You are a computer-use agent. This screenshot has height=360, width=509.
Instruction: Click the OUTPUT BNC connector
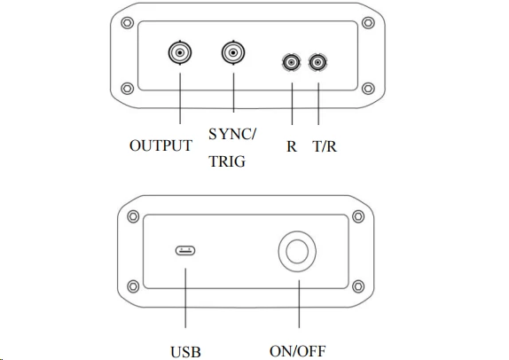coord(180,52)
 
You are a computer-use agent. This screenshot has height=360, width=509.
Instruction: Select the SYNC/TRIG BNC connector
coord(233,52)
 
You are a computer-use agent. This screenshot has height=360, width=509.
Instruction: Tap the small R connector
coord(292,62)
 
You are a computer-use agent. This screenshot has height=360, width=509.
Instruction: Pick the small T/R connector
coord(317,62)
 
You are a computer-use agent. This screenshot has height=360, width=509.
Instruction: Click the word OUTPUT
coord(161,145)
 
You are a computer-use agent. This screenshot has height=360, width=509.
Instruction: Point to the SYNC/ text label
coord(232,134)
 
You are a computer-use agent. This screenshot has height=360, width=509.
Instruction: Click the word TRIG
coord(227,161)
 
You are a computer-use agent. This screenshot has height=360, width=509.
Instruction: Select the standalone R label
coord(292,146)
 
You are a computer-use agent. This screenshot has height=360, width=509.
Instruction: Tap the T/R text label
coord(325,146)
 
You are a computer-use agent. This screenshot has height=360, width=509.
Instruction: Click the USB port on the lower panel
coord(185,251)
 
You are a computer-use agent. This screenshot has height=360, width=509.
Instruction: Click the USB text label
coord(185,352)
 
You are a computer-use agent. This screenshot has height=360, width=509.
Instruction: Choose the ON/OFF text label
coord(298,351)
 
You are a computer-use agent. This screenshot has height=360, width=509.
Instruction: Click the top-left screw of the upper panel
coord(128,23)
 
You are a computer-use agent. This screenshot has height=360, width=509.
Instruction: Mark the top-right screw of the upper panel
coord(368,23)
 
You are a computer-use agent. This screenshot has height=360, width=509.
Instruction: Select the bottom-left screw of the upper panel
coord(128,89)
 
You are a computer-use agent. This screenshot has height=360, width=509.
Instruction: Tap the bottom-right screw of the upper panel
coord(368,89)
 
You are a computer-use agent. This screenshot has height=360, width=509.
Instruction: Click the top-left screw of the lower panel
coord(133,216)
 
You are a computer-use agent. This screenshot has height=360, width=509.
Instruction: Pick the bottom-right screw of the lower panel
coord(358,286)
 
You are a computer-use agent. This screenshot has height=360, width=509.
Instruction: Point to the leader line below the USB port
coord(185,298)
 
